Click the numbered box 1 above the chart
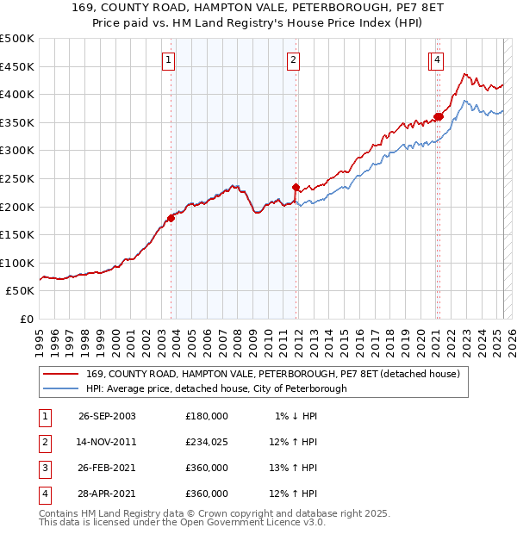(x=167, y=59)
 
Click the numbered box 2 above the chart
(x=294, y=59)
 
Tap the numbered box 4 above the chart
(x=439, y=59)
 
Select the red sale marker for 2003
(x=171, y=218)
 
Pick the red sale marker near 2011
(x=296, y=187)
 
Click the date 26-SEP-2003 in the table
(x=107, y=415)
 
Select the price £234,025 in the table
(x=206, y=442)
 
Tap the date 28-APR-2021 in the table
(x=107, y=494)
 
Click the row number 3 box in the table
(x=42, y=468)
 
